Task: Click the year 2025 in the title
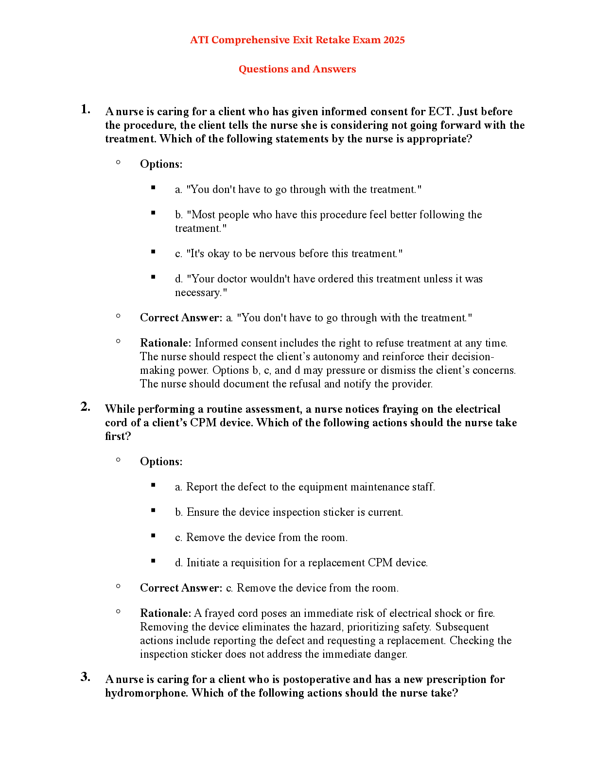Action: (x=394, y=40)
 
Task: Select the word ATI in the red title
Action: (x=199, y=40)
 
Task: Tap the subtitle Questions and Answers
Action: (x=297, y=70)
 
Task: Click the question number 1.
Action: (x=86, y=110)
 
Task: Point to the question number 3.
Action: (x=86, y=677)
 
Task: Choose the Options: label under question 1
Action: (x=161, y=164)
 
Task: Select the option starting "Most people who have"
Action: (x=328, y=215)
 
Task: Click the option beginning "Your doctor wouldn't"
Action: (x=329, y=279)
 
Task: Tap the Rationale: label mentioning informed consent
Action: (x=165, y=343)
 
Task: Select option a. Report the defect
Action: (x=305, y=487)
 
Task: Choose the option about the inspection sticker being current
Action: (x=289, y=512)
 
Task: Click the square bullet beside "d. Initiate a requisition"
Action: (x=153, y=561)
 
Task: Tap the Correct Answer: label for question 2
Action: (x=181, y=588)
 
